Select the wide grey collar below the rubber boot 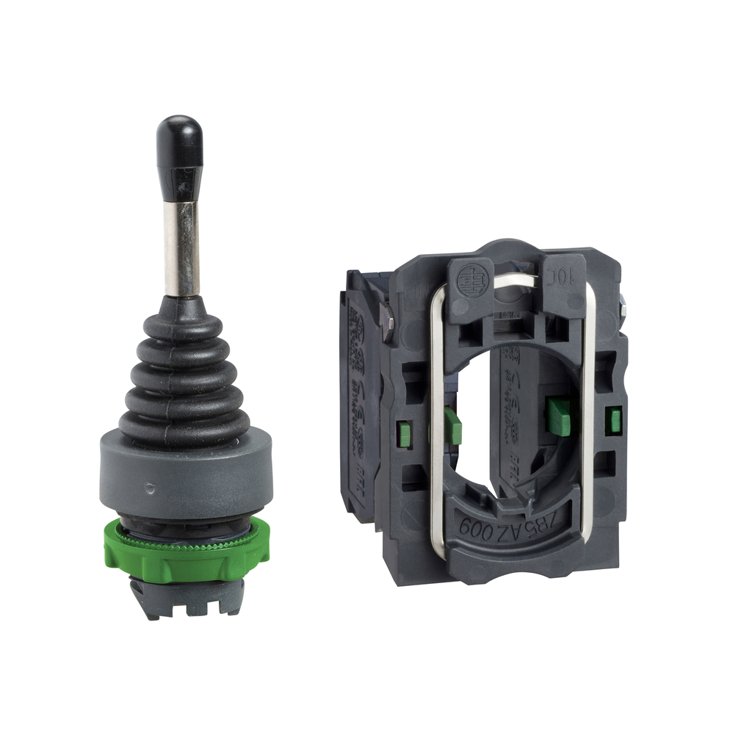pos(186,473)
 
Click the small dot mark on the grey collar pos(150,485)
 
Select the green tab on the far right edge pos(613,419)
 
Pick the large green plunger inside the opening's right pos(557,416)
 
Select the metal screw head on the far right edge pos(622,304)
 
